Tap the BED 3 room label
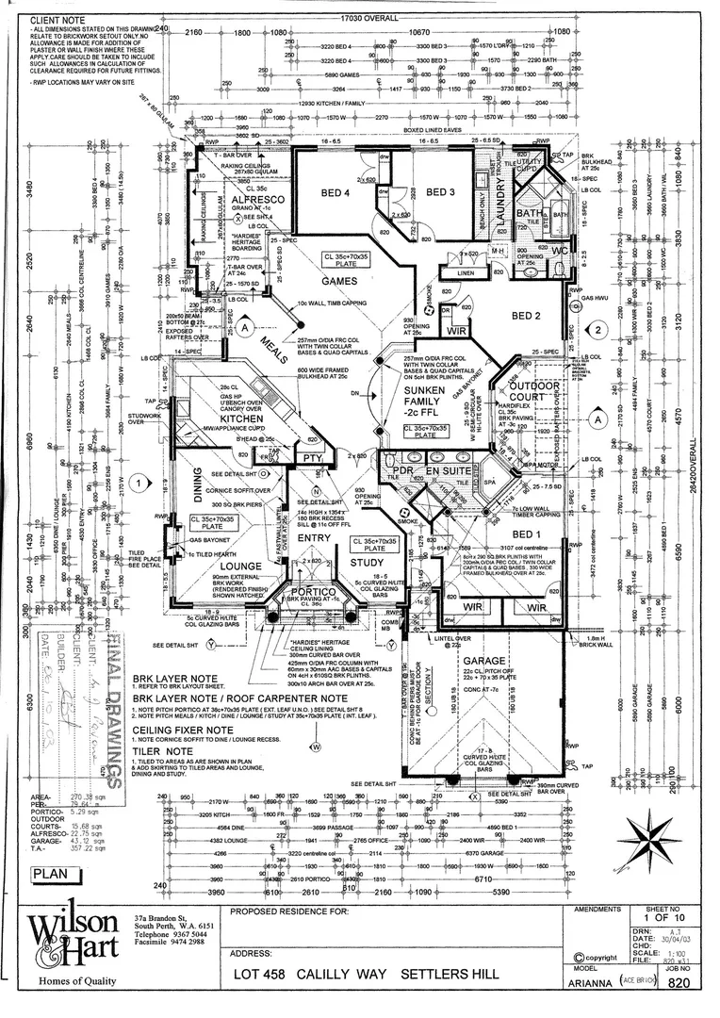[440, 193]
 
